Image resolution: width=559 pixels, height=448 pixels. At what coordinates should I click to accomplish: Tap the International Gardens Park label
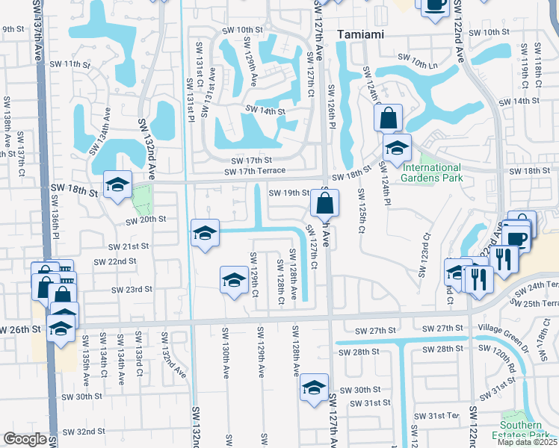(431, 172)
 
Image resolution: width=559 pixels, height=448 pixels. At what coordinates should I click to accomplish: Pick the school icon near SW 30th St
(315, 388)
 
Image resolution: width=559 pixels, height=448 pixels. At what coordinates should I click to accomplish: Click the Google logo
(25, 439)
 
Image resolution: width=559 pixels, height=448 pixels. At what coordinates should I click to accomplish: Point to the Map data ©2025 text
(527, 442)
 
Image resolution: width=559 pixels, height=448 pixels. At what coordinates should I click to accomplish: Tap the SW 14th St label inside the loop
(266, 111)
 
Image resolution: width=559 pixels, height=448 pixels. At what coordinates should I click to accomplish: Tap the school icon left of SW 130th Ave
(234, 281)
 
